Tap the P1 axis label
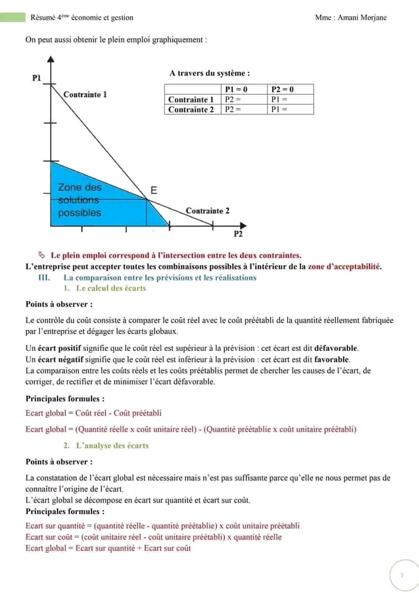point(36,78)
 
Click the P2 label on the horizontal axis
point(238,235)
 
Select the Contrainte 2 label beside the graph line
point(208,211)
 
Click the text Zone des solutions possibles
point(80,200)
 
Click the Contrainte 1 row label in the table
point(191,99)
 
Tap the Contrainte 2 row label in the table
point(191,109)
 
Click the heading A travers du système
point(209,74)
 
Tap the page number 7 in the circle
point(402,575)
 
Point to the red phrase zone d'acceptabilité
point(344,267)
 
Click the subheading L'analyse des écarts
point(112,445)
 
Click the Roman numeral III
point(44,277)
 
